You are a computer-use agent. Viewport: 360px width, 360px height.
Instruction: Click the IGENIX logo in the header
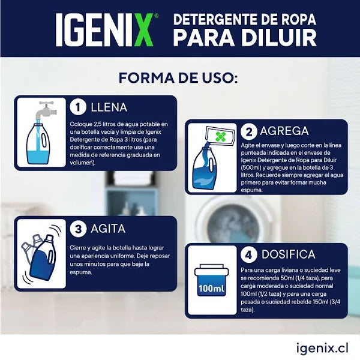click(107, 29)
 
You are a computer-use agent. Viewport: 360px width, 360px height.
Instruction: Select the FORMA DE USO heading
click(179, 79)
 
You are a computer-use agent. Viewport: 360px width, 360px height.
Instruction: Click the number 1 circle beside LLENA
click(78, 107)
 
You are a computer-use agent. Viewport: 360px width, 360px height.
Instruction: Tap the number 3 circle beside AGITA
click(78, 229)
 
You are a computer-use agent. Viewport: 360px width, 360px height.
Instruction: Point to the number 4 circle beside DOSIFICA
click(249, 255)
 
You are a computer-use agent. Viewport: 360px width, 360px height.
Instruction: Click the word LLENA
click(109, 107)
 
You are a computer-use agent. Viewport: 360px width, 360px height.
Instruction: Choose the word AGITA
click(108, 229)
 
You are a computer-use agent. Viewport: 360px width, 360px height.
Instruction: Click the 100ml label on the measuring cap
click(211, 289)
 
